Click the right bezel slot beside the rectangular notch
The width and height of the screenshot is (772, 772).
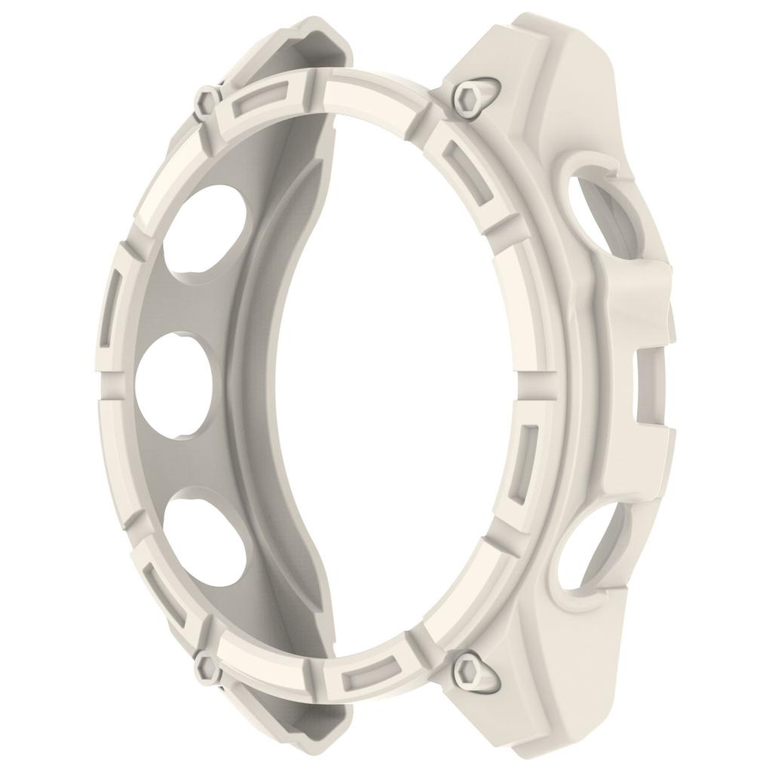(528, 467)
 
